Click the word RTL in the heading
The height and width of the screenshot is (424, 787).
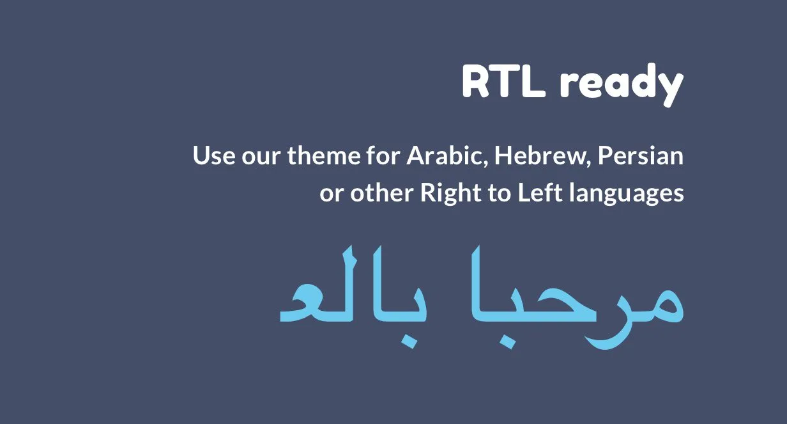click(503, 82)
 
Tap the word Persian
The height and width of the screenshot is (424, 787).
click(640, 155)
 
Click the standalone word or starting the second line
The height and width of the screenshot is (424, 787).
click(332, 194)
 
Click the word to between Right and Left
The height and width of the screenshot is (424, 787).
click(500, 193)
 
